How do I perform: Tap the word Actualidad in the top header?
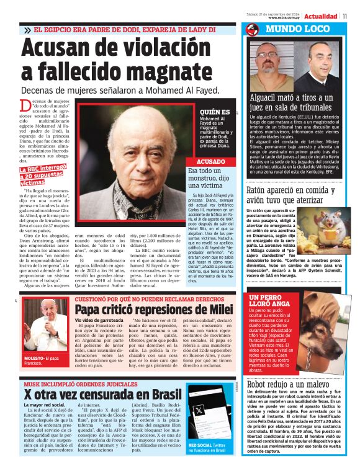coord(322,16)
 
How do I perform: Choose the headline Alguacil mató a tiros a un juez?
coord(295,103)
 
